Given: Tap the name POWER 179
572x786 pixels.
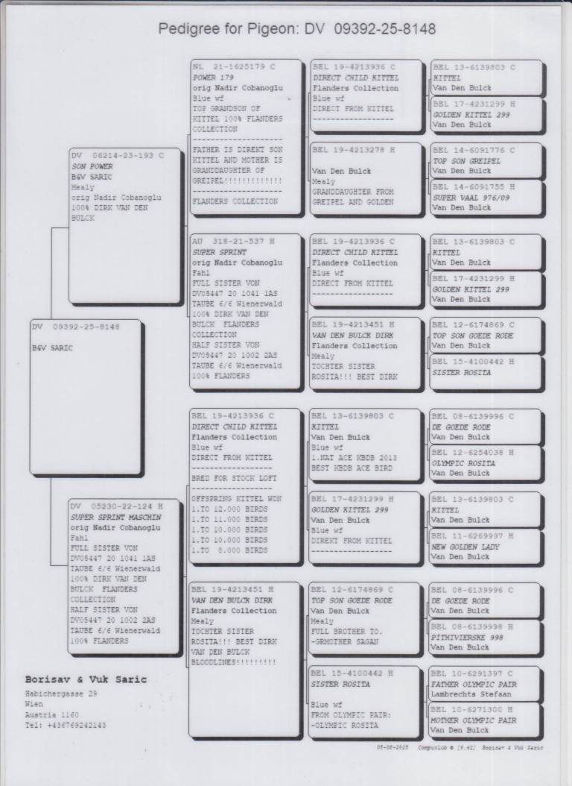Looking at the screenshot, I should [x=214, y=78].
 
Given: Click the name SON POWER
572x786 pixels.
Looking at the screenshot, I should [x=92, y=166].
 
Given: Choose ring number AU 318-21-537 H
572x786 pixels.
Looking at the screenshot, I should [x=232, y=242].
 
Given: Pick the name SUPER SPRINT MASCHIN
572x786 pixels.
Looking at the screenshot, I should [x=116, y=517].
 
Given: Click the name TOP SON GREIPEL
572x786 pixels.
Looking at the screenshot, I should [x=466, y=161].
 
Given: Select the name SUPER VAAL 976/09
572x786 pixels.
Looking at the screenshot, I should [x=471, y=198].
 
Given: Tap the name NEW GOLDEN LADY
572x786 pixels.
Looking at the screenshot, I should [x=465, y=547].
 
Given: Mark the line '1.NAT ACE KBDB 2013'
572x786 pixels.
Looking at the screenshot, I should [x=354, y=457].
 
